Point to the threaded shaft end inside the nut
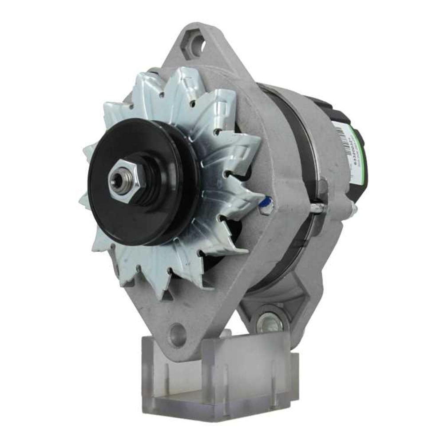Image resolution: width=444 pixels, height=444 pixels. point(117,180)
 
